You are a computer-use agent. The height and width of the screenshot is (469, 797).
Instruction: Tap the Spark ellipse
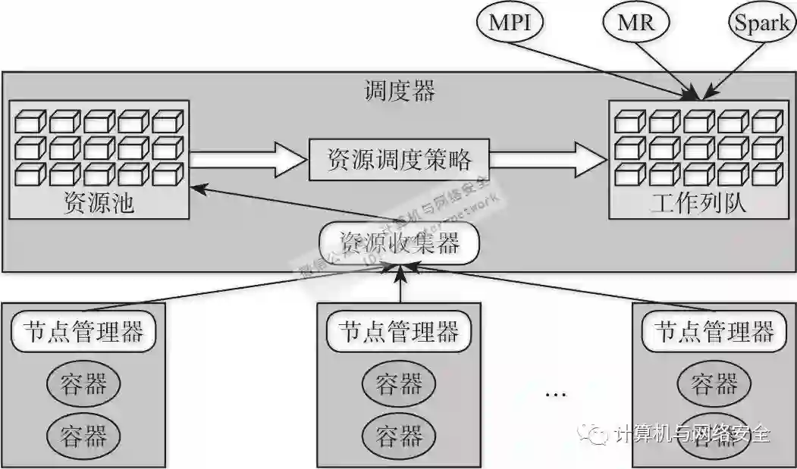(761, 23)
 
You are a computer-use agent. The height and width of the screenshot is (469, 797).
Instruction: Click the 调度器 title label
(400, 92)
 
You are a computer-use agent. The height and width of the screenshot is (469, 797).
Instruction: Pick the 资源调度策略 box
(399, 159)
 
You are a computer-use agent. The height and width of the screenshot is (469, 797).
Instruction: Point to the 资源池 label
(99, 204)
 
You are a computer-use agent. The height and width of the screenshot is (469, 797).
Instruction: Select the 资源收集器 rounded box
(400, 243)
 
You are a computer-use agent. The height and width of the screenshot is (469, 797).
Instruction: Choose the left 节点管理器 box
(83, 331)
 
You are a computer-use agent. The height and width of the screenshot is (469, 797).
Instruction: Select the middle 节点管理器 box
(399, 331)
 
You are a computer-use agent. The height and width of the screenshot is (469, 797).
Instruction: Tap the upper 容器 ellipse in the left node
(83, 384)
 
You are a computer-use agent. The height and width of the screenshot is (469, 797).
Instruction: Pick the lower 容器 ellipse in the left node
(83, 436)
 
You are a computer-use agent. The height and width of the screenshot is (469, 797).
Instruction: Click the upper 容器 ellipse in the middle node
(399, 384)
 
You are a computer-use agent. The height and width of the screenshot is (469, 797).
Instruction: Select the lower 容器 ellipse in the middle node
(399, 436)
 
